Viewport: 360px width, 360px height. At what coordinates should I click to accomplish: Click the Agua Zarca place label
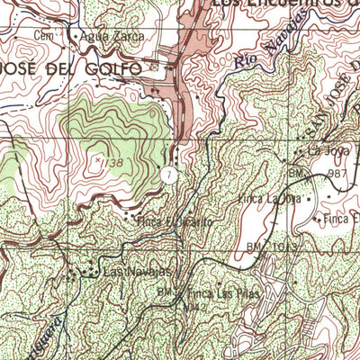pyautogui.click(x=105, y=37)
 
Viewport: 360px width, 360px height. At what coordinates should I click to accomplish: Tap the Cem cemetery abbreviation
pyautogui.click(x=40, y=35)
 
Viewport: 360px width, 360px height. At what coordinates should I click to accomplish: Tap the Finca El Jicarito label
pyautogui.click(x=166, y=219)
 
